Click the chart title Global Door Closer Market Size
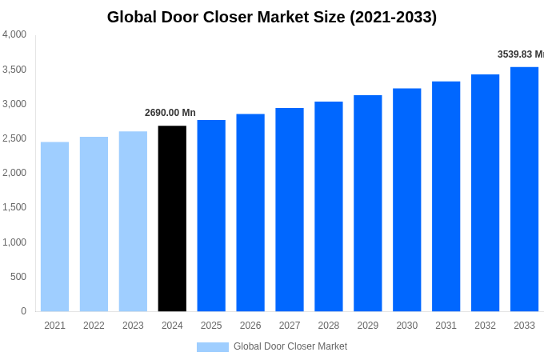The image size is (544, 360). (x=272, y=17)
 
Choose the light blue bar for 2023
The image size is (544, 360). (x=133, y=222)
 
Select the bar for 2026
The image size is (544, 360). (x=250, y=213)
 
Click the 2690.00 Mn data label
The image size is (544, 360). (x=170, y=113)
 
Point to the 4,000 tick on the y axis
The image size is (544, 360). (x=14, y=34)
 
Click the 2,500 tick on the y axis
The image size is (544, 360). (x=14, y=138)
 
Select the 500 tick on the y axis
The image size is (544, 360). (x=18, y=277)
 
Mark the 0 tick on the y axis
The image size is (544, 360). (x=23, y=311)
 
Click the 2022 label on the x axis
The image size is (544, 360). (x=94, y=326)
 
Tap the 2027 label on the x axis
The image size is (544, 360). (x=290, y=326)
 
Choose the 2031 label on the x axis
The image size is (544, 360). (x=446, y=326)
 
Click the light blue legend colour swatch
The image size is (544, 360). (x=212, y=347)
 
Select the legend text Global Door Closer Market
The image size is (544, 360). (x=290, y=346)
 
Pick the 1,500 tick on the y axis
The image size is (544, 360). (x=14, y=207)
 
